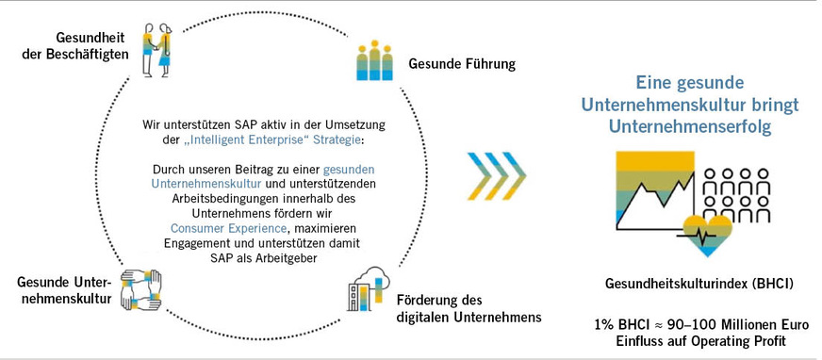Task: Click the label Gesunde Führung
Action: [x=461, y=64]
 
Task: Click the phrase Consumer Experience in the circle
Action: [x=218, y=228]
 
